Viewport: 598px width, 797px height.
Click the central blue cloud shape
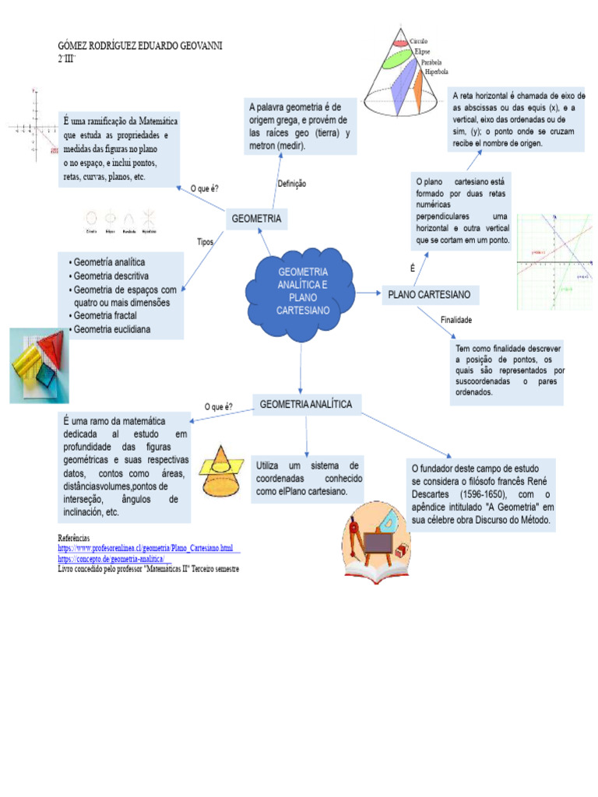coord(302,293)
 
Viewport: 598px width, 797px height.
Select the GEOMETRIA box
coord(256,219)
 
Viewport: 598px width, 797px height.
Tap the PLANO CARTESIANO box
coord(430,295)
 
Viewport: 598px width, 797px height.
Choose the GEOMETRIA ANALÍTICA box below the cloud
coord(306,405)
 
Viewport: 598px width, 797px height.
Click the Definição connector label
coord(292,184)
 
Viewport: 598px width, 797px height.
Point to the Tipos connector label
coord(206,242)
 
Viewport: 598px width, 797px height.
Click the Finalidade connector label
coord(456,320)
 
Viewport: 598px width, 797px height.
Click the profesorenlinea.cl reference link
coord(146,549)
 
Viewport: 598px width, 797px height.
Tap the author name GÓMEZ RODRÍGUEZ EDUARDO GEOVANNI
coord(140,47)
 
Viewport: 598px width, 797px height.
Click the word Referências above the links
coord(74,539)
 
